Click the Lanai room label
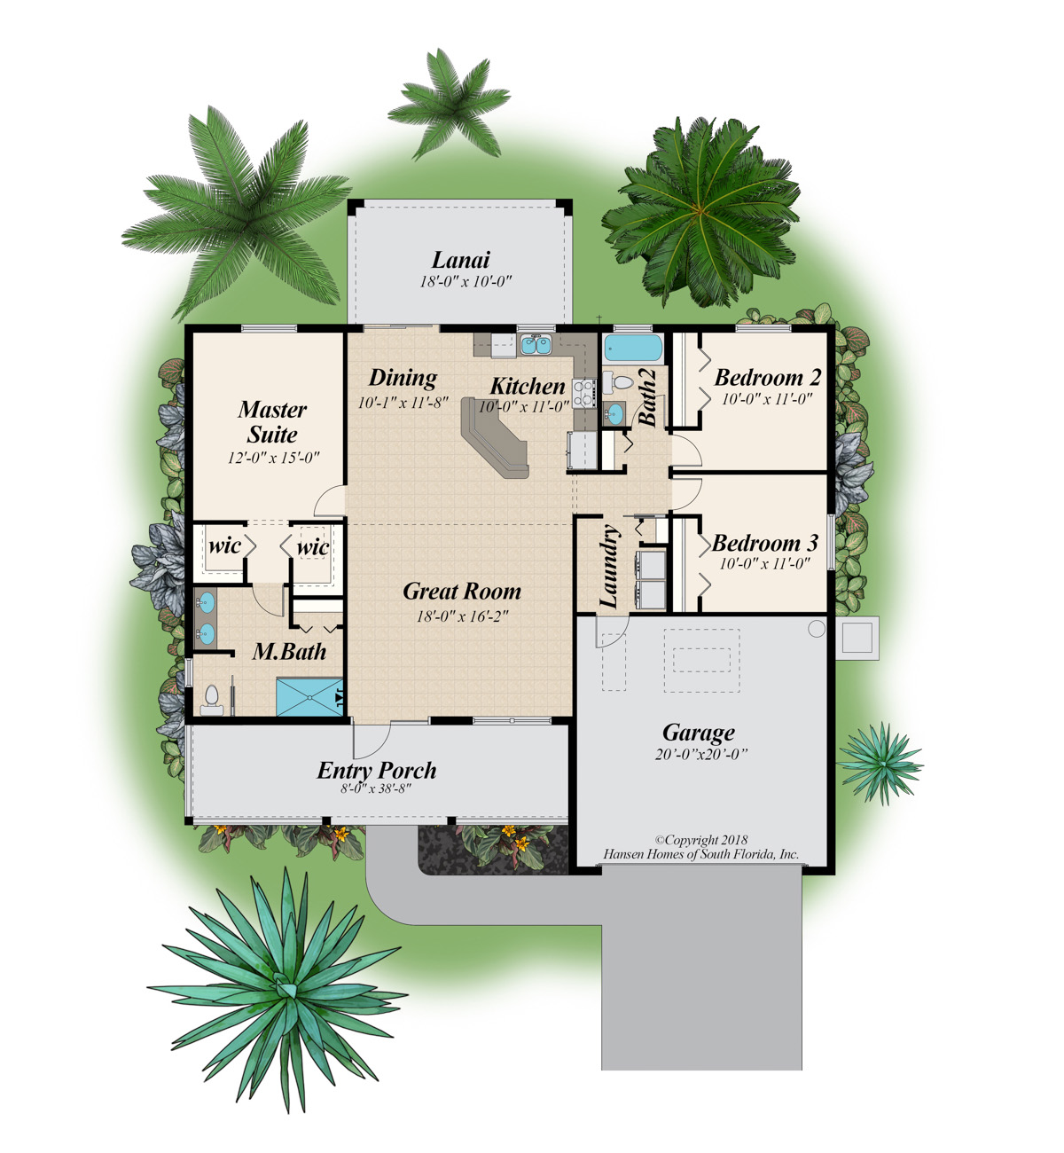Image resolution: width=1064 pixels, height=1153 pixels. [x=460, y=260]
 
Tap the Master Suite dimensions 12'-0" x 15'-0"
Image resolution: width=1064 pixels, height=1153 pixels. [x=273, y=459]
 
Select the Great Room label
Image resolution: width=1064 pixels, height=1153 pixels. [x=461, y=592]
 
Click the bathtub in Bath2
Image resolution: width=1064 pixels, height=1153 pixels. [x=633, y=347]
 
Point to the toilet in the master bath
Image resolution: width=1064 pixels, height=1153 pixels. [x=212, y=699]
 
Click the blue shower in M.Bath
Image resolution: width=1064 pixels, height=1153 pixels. [x=309, y=696]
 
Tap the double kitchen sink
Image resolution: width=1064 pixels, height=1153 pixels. [x=535, y=344]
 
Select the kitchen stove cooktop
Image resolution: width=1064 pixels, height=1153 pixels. [x=583, y=393]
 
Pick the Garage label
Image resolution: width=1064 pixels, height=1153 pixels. [x=699, y=733]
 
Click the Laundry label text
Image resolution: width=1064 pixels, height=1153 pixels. [x=609, y=567]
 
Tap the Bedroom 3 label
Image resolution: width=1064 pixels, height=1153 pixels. [x=764, y=543]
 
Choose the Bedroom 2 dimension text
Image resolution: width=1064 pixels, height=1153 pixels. [x=766, y=399]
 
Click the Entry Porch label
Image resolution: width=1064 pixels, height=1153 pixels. [x=377, y=770]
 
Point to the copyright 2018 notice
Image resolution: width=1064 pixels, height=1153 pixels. [x=700, y=840]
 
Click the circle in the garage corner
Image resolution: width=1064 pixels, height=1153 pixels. [x=817, y=629]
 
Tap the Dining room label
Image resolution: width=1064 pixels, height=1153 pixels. [x=403, y=378]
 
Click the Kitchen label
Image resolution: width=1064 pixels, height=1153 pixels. [x=528, y=386]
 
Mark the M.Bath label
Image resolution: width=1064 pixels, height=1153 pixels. [x=289, y=652]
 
